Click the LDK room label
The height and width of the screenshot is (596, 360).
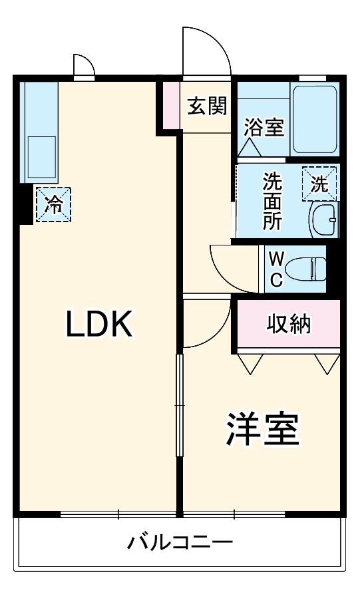pos(100,324)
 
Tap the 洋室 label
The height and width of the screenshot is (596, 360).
pos(263,429)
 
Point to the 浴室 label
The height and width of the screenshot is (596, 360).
pos(264,128)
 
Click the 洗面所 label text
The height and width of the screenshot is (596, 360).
pos(271,201)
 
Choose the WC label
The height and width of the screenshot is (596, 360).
pos(276,268)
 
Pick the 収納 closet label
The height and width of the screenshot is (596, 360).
pos(289,324)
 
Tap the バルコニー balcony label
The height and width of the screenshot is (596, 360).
pos(180,542)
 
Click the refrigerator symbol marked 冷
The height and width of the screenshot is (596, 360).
pos(53,204)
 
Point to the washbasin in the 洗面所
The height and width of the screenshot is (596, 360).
pos(324,218)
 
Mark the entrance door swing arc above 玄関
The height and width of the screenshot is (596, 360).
pos(206,50)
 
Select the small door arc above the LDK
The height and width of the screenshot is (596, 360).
pos(84,67)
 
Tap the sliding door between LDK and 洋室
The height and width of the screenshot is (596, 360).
pos(179,406)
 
